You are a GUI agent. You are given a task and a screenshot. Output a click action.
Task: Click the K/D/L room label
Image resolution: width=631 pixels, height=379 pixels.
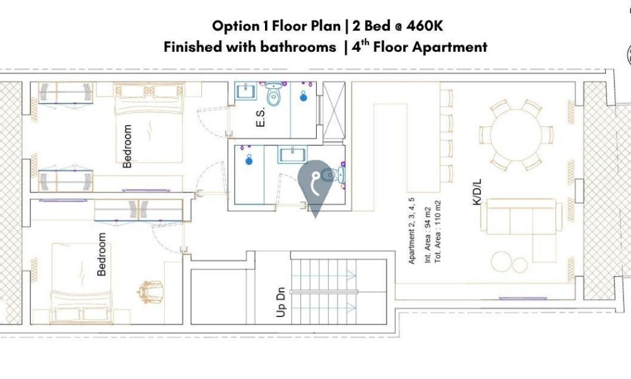pyautogui.click(x=477, y=193)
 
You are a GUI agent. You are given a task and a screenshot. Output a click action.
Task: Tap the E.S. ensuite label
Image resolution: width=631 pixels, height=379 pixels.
pyautogui.click(x=261, y=117)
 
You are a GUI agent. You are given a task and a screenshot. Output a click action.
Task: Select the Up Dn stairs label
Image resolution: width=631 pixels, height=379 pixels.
pyautogui.click(x=281, y=302)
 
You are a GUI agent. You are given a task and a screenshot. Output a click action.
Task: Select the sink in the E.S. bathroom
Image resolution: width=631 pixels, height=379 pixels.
pyautogui.click(x=246, y=91)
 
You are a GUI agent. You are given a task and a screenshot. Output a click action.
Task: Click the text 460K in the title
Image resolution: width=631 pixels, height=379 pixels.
pyautogui.click(x=425, y=26)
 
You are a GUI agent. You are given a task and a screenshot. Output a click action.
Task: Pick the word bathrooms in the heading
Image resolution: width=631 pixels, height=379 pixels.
pyautogui.click(x=298, y=47)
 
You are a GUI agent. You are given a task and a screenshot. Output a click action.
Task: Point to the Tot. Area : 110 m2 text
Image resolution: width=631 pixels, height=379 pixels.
pyautogui.click(x=438, y=232)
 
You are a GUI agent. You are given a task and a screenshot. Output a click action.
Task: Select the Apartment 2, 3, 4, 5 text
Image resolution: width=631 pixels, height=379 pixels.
pyautogui.click(x=411, y=231)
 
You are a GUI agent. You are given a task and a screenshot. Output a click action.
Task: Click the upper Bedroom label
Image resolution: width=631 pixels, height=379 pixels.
pyautogui.click(x=127, y=146)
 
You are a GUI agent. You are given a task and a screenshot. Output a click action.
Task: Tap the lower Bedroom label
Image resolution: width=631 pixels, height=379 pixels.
pyautogui.click(x=102, y=254)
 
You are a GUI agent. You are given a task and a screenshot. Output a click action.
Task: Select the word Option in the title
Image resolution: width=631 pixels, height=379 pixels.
pyautogui.click(x=236, y=27)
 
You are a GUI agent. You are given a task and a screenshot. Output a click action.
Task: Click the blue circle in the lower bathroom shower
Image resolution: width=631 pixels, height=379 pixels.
pyautogui.click(x=249, y=160)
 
